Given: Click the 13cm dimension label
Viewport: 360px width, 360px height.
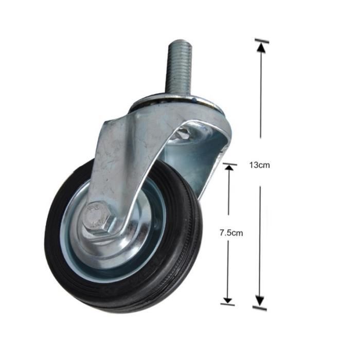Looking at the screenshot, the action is (260, 165).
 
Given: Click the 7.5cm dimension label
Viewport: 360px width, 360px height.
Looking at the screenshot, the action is (231, 233).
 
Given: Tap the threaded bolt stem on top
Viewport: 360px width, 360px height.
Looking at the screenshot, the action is (181, 69).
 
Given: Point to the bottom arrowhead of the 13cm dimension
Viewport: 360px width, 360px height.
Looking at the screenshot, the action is (260, 301).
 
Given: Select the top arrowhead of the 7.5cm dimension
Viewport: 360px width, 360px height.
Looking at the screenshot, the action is (229, 169).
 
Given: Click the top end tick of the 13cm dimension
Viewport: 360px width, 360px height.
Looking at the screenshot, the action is (262, 41).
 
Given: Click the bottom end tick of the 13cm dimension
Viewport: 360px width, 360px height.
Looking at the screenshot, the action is (260, 308).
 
